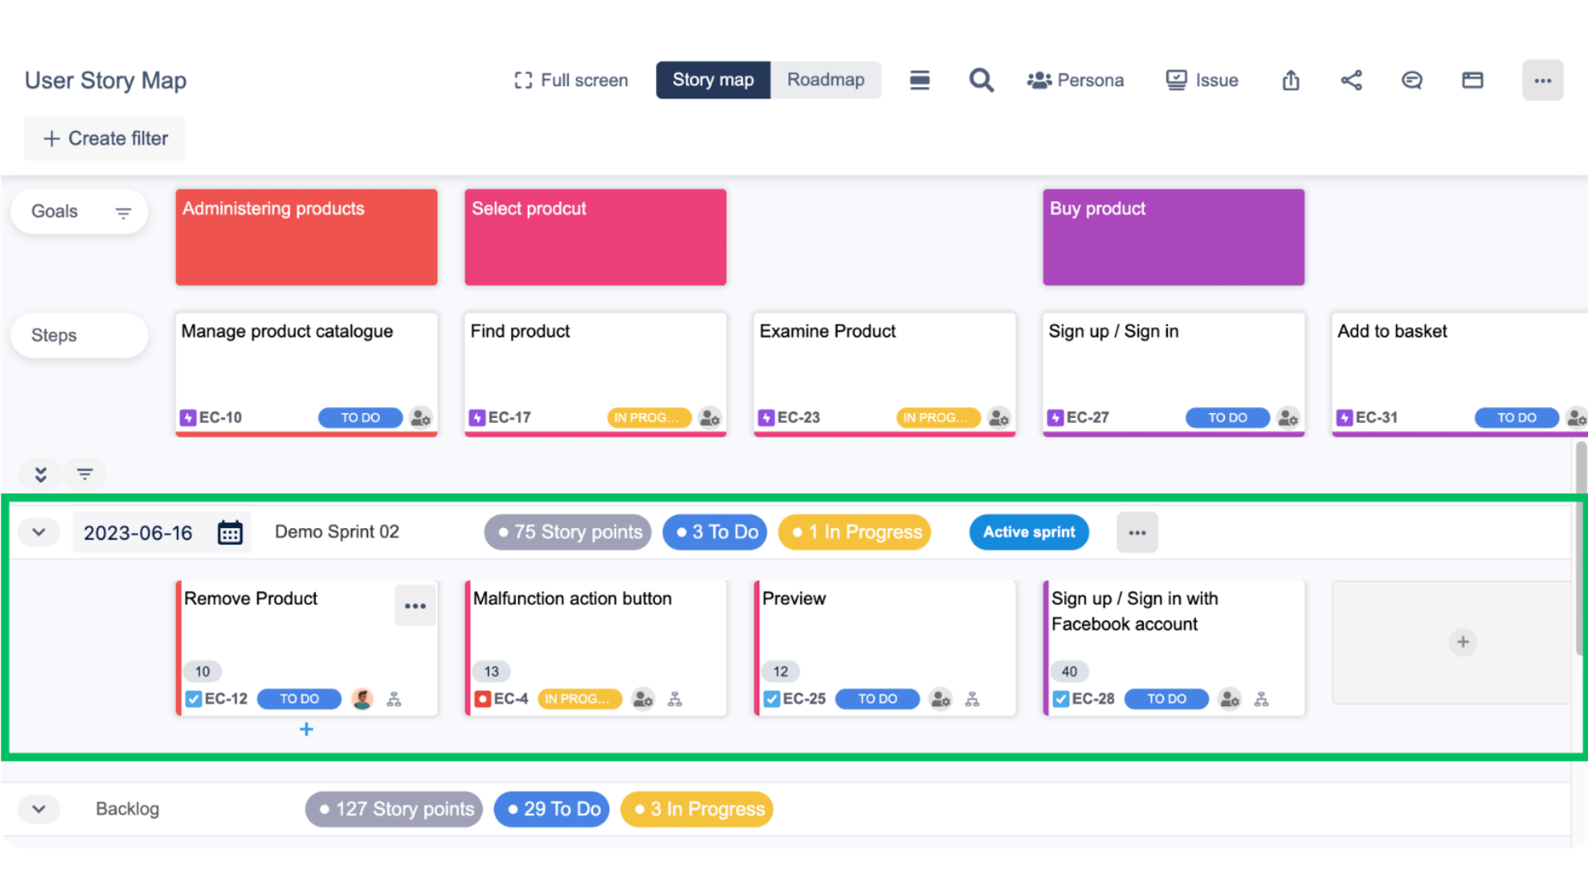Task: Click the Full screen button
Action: coord(571,80)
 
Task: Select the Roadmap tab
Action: coord(825,80)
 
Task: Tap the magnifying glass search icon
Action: coord(981,80)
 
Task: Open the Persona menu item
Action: coord(1075,80)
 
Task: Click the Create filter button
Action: coord(105,138)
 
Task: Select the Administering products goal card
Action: coord(306,238)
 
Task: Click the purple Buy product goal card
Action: coord(1173,238)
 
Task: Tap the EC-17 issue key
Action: coord(509,418)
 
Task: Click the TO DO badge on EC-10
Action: coord(360,418)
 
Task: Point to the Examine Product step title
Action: coord(827,331)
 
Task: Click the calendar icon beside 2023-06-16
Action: coord(230,532)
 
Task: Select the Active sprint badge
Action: coord(1029,532)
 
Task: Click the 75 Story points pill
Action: coord(568,532)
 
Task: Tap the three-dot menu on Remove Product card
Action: coord(415,606)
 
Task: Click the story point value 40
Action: coord(1069,671)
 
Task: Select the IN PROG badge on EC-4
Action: coord(579,699)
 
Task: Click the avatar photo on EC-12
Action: coord(361,699)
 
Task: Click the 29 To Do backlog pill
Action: coord(552,809)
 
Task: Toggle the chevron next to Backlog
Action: coord(39,809)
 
